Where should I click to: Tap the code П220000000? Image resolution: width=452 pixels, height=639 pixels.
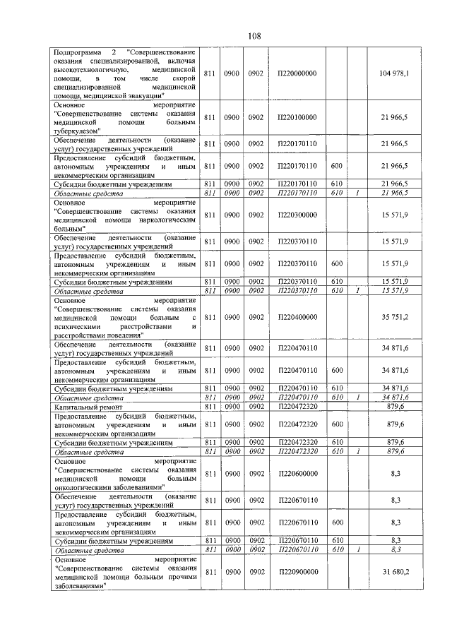[x=297, y=73]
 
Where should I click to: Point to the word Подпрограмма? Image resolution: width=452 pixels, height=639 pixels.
[x=78, y=53]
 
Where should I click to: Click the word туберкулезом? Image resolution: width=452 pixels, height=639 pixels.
[x=77, y=130]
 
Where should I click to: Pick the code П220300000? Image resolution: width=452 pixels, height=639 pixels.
[x=297, y=215]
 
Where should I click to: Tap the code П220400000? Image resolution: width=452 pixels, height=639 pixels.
[x=297, y=317]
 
